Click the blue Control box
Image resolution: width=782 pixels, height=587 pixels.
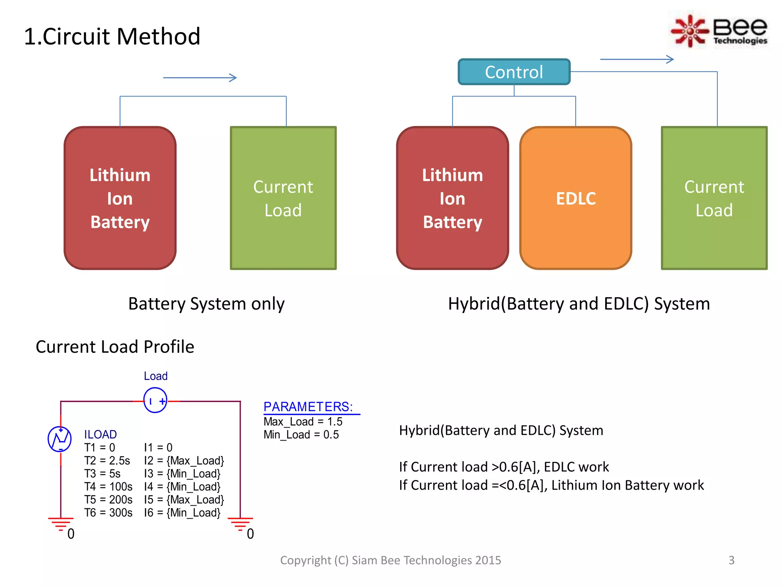tap(514, 72)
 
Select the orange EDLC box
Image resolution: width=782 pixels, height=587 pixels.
tap(575, 198)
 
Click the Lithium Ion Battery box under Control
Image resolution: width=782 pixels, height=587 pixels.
tap(452, 198)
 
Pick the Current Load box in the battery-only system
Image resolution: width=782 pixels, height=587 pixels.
tap(283, 198)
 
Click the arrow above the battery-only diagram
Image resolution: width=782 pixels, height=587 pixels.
tap(200, 78)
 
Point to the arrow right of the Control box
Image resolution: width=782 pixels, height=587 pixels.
tap(637, 59)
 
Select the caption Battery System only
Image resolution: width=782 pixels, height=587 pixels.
tap(206, 304)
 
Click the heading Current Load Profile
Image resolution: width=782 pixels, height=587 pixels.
tap(115, 347)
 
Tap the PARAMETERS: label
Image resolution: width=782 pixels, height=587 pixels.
tap(308, 407)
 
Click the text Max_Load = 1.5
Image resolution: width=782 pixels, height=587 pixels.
tap(303, 422)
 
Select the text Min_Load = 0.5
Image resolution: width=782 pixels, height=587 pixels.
tap(301, 435)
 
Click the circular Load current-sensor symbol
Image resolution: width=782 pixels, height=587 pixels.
tap(155, 400)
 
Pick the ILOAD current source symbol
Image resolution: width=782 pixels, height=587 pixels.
tap(60, 439)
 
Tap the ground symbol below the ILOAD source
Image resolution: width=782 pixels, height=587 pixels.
tap(60, 523)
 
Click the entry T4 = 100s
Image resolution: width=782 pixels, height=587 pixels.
tap(108, 486)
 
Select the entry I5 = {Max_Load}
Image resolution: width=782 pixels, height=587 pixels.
tap(184, 499)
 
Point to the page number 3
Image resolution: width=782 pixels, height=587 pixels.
tap(731, 560)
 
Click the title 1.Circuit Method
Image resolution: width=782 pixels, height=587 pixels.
tap(112, 36)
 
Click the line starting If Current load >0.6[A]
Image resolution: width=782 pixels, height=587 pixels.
tap(504, 467)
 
